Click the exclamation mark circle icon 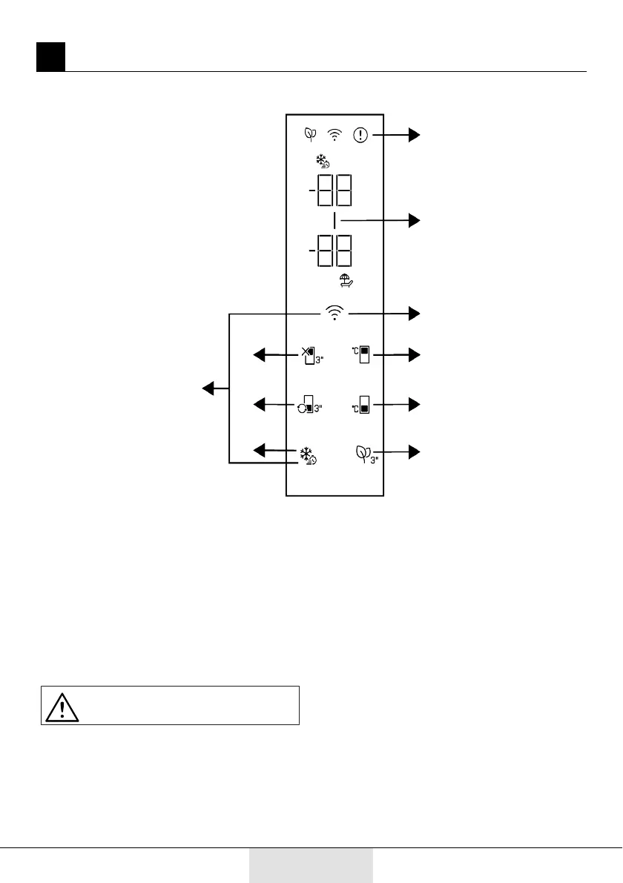(360, 135)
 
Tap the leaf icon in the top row (310, 135)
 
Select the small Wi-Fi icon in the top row (336, 135)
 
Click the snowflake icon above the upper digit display (323, 162)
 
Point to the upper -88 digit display (332, 192)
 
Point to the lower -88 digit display (332, 252)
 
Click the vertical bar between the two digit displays (335, 220)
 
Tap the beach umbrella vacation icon (345, 281)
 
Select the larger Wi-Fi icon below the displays (336, 314)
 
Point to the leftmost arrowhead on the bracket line (208, 388)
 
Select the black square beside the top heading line (50, 57)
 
